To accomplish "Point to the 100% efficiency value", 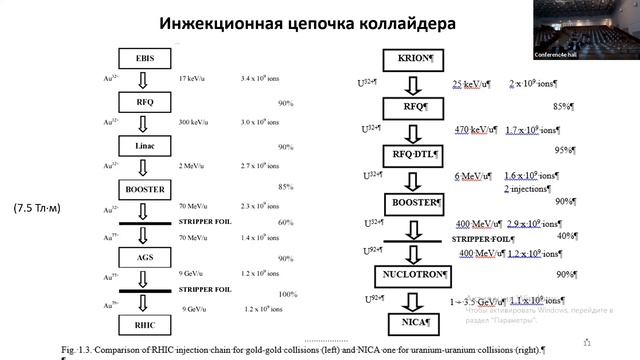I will (x=287, y=294).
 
